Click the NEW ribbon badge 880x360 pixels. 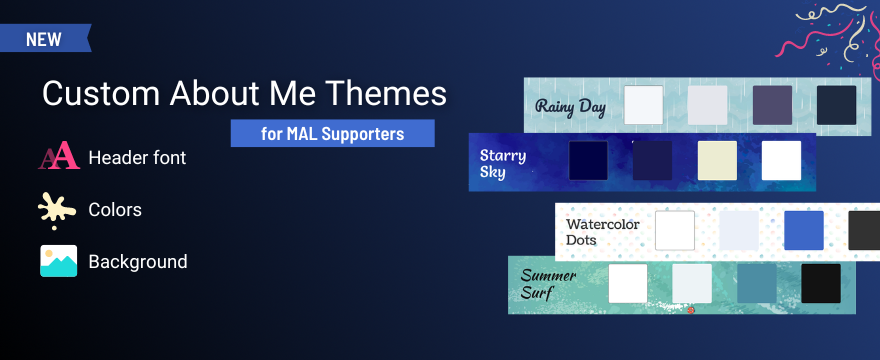[x=44, y=39]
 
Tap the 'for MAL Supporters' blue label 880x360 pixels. [x=332, y=133]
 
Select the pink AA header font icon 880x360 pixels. [x=58, y=157]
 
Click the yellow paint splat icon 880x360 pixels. [x=58, y=209]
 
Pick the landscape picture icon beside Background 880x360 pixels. [x=58, y=261]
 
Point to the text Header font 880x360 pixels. [x=137, y=157]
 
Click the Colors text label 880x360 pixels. [x=115, y=210]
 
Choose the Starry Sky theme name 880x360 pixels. [x=503, y=163]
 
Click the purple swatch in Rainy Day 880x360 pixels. [x=772, y=105]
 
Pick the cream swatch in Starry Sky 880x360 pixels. [x=717, y=160]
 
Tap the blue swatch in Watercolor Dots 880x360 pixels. [x=803, y=230]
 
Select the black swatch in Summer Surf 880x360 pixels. [x=821, y=284]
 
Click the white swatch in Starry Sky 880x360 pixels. [x=781, y=160]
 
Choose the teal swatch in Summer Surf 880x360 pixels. [x=756, y=284]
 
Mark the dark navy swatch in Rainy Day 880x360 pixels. [x=836, y=105]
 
